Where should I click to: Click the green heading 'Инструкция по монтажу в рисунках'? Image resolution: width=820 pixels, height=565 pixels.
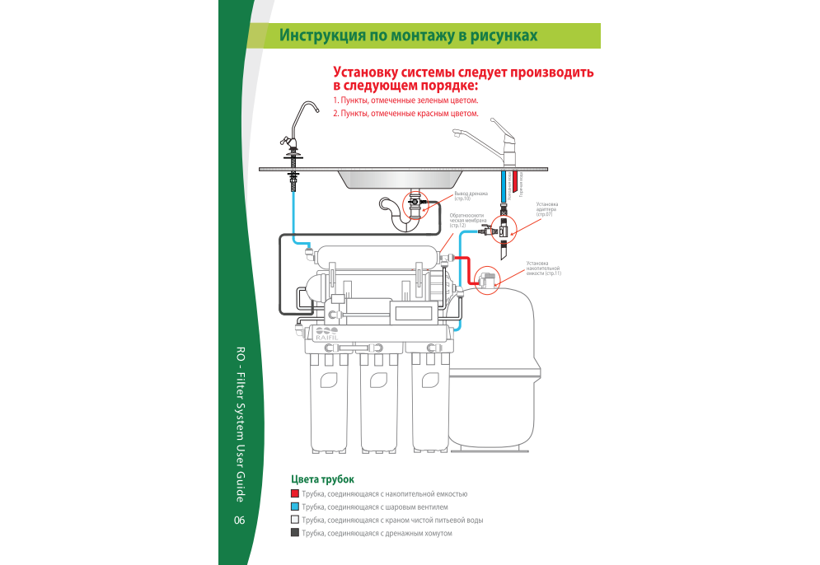(x=408, y=35)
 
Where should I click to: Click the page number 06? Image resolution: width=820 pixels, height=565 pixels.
(x=239, y=520)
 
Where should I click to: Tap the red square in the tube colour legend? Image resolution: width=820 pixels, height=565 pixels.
(x=295, y=493)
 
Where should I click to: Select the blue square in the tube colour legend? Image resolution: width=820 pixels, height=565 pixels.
(x=295, y=507)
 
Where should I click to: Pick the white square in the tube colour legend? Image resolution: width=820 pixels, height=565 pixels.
(x=295, y=521)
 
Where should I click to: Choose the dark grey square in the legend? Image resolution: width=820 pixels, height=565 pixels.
(x=295, y=534)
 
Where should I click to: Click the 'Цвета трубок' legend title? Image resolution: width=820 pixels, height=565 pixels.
(x=323, y=479)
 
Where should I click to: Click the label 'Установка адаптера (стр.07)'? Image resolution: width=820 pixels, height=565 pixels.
(x=547, y=209)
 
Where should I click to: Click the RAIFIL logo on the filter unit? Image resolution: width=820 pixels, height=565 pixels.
(x=326, y=334)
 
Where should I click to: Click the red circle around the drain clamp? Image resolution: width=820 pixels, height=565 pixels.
(x=416, y=201)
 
